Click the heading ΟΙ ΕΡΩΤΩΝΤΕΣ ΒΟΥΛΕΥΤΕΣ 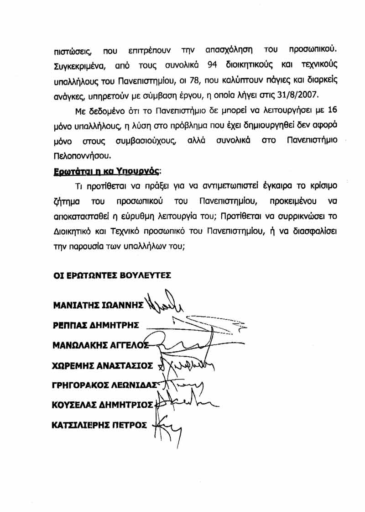[x=112, y=275]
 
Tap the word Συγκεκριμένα [x=81, y=65]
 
